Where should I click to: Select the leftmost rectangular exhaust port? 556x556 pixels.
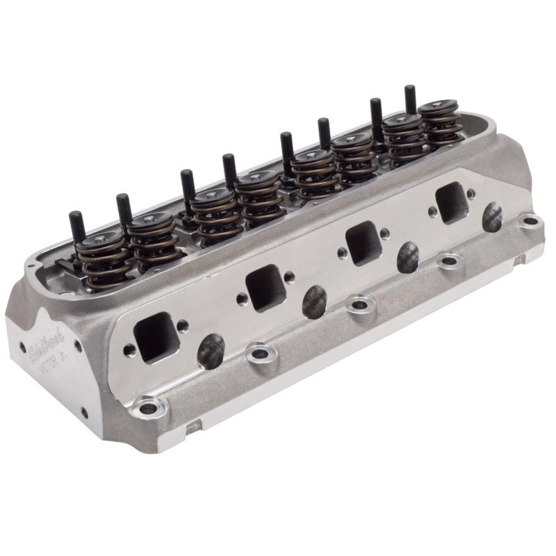[154, 337]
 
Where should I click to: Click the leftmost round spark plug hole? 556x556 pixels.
[211, 351]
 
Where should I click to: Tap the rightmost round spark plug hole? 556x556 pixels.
[492, 217]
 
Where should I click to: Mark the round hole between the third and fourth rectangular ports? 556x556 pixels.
[408, 256]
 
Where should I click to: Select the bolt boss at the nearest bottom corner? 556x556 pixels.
[147, 406]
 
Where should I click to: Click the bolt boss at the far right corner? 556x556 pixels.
[530, 222]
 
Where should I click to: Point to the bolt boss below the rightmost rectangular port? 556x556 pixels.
[450, 261]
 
